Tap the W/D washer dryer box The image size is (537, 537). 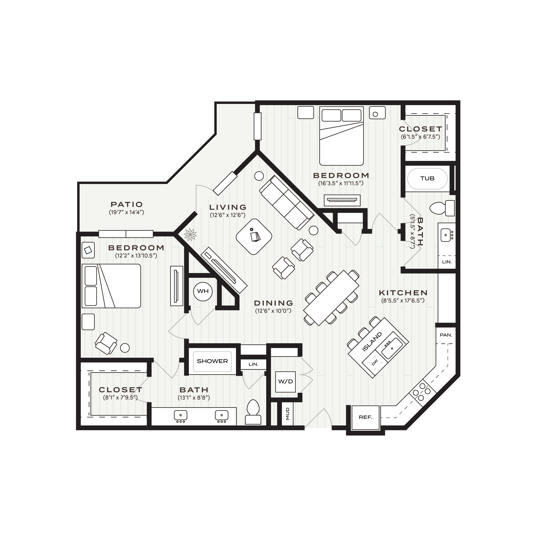[x=285, y=382]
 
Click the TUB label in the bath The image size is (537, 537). [x=427, y=178]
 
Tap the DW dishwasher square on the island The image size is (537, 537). [x=374, y=362]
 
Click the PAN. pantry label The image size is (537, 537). [x=446, y=335]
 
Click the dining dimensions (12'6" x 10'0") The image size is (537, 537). [x=273, y=311]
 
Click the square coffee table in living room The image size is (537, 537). [x=254, y=237]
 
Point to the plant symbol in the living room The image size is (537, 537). [x=190, y=234]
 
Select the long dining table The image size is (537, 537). [x=331, y=298]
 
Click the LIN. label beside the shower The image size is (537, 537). [x=253, y=364]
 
